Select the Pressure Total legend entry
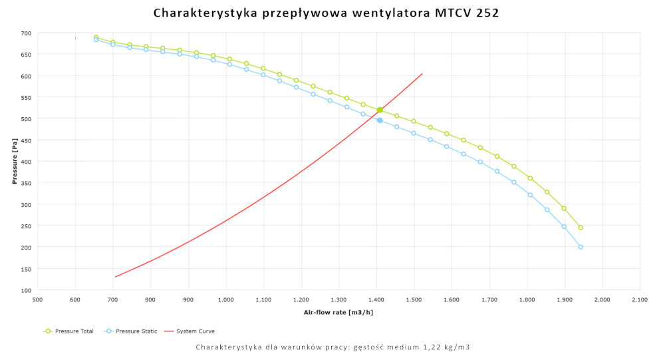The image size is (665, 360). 73,331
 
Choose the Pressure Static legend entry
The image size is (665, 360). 135,331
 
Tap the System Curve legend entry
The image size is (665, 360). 194,331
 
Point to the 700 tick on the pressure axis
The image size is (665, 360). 26,33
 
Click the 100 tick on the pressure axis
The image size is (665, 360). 26,290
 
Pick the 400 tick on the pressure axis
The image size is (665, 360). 26,162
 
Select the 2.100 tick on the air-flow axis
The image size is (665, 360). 640,300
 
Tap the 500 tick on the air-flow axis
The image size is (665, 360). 38,300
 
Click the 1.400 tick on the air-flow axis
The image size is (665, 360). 376,300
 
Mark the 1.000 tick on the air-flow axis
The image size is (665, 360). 226,300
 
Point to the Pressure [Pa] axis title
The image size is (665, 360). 14,162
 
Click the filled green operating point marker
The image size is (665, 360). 380,110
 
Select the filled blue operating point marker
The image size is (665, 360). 380,120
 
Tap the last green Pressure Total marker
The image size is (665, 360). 581,228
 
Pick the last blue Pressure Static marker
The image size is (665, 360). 581,247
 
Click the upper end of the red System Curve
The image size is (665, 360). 422,73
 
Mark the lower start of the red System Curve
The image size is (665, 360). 115,277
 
